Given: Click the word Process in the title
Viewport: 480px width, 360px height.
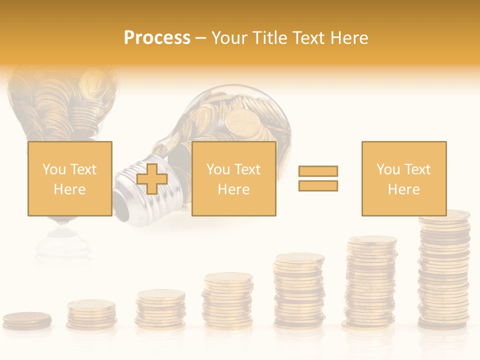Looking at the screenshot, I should (157, 38).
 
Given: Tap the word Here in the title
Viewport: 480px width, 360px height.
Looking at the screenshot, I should (349, 38).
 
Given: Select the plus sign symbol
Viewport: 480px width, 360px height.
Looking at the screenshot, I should (152, 178).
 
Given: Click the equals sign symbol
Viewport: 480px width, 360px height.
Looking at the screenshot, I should (318, 178).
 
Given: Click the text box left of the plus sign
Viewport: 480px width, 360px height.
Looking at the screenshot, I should (69, 178).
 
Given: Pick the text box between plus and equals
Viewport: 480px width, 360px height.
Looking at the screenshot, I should (233, 178).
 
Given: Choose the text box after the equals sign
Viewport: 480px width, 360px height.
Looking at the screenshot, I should (403, 178).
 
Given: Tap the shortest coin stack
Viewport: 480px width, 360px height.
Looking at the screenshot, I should (27, 320).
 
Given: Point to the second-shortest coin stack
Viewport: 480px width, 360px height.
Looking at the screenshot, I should (91, 314).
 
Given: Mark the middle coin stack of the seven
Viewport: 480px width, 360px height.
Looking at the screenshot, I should (227, 300).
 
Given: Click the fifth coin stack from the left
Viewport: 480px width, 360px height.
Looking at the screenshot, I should (299, 290).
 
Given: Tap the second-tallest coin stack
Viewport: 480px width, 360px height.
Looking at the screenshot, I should (371, 282).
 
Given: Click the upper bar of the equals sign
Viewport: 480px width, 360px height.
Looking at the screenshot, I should (318, 171).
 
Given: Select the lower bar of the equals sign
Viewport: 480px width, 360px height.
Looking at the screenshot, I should (318, 185).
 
